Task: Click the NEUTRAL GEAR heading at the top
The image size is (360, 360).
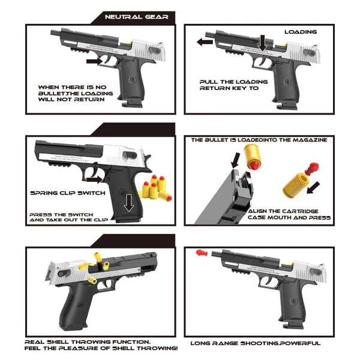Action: [136, 17]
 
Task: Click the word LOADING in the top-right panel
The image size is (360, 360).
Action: [300, 31]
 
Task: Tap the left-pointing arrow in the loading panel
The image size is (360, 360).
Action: [205, 42]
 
